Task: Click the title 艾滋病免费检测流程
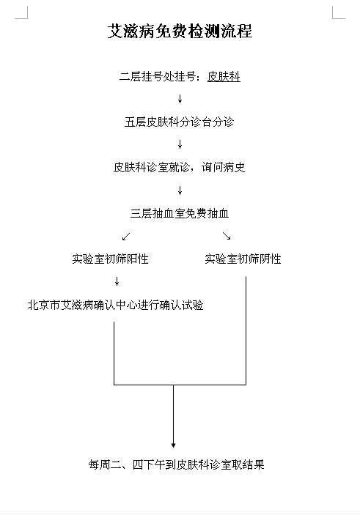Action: click(x=180, y=32)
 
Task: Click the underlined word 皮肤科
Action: click(x=224, y=76)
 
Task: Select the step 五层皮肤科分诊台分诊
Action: click(x=179, y=122)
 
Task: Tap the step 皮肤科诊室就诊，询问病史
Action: click(x=179, y=167)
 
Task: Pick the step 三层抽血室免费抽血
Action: click(x=179, y=213)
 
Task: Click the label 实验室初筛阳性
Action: click(x=110, y=259)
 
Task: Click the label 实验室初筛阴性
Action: click(x=243, y=259)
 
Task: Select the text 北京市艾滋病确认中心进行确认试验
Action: click(x=115, y=305)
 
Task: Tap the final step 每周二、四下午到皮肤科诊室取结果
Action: click(x=176, y=464)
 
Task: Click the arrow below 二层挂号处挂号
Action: click(x=180, y=99)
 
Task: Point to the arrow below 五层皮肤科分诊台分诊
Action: click(x=180, y=144)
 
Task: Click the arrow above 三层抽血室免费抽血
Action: click(x=180, y=190)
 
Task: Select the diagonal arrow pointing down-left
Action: click(x=126, y=236)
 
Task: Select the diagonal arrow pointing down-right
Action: click(x=227, y=236)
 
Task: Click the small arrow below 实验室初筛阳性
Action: click(x=117, y=281)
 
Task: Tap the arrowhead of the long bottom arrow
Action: click(x=173, y=445)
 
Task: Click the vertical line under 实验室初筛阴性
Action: click(x=246, y=330)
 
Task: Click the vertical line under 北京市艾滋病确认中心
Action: click(x=114, y=353)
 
